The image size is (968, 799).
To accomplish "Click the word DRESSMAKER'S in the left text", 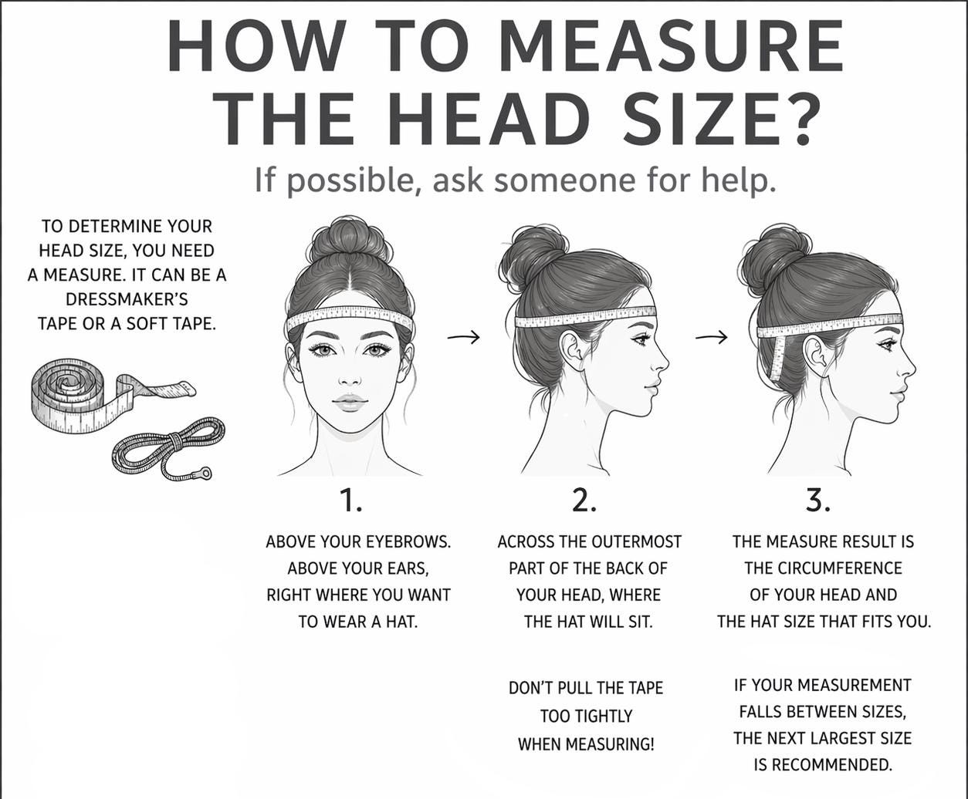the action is (x=127, y=299).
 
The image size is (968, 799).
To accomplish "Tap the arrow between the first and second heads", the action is (x=463, y=337).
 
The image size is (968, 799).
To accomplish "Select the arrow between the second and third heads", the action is (x=711, y=337).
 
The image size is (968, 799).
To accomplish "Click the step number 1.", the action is (x=351, y=501).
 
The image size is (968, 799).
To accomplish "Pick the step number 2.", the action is (x=584, y=501).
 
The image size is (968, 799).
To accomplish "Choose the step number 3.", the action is (x=818, y=501).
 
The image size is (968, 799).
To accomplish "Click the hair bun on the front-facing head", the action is (x=350, y=240).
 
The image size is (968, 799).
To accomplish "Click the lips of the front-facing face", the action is (x=350, y=402).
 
